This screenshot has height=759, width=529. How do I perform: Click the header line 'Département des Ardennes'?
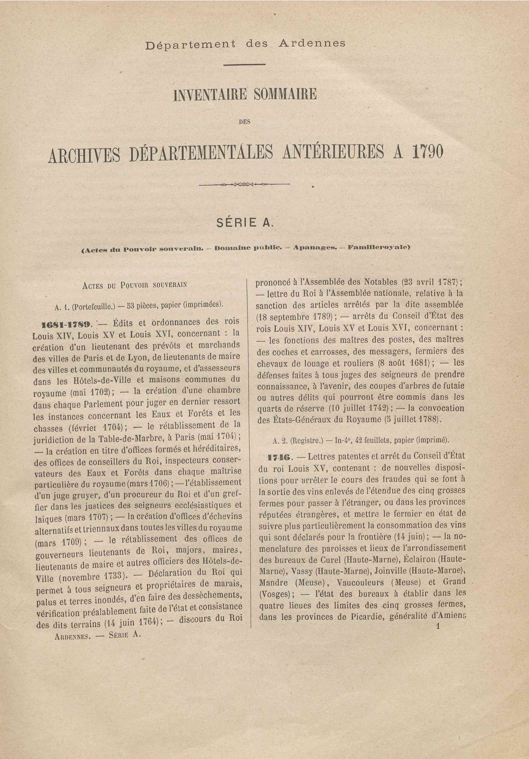(x=245, y=44)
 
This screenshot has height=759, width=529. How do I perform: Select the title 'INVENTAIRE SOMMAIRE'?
(x=245, y=94)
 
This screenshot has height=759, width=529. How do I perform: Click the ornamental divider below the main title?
(x=245, y=185)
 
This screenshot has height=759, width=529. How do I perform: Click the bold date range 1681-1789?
(x=66, y=323)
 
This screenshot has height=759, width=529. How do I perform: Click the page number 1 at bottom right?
(x=438, y=626)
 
